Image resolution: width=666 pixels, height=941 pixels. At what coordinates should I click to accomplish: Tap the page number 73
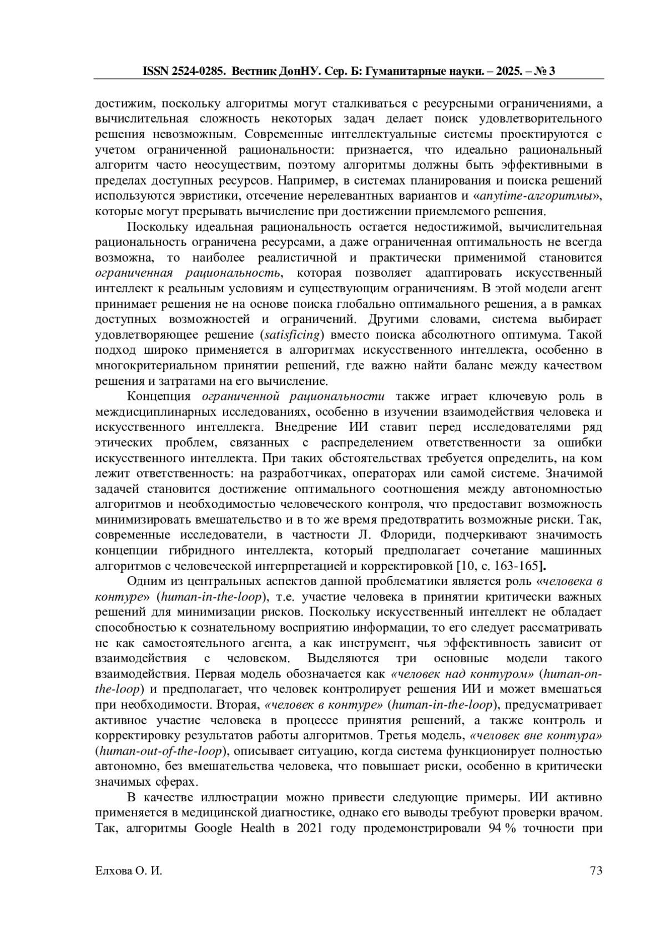click(x=596, y=871)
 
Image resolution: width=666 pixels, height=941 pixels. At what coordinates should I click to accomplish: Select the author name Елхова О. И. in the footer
click(x=129, y=871)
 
